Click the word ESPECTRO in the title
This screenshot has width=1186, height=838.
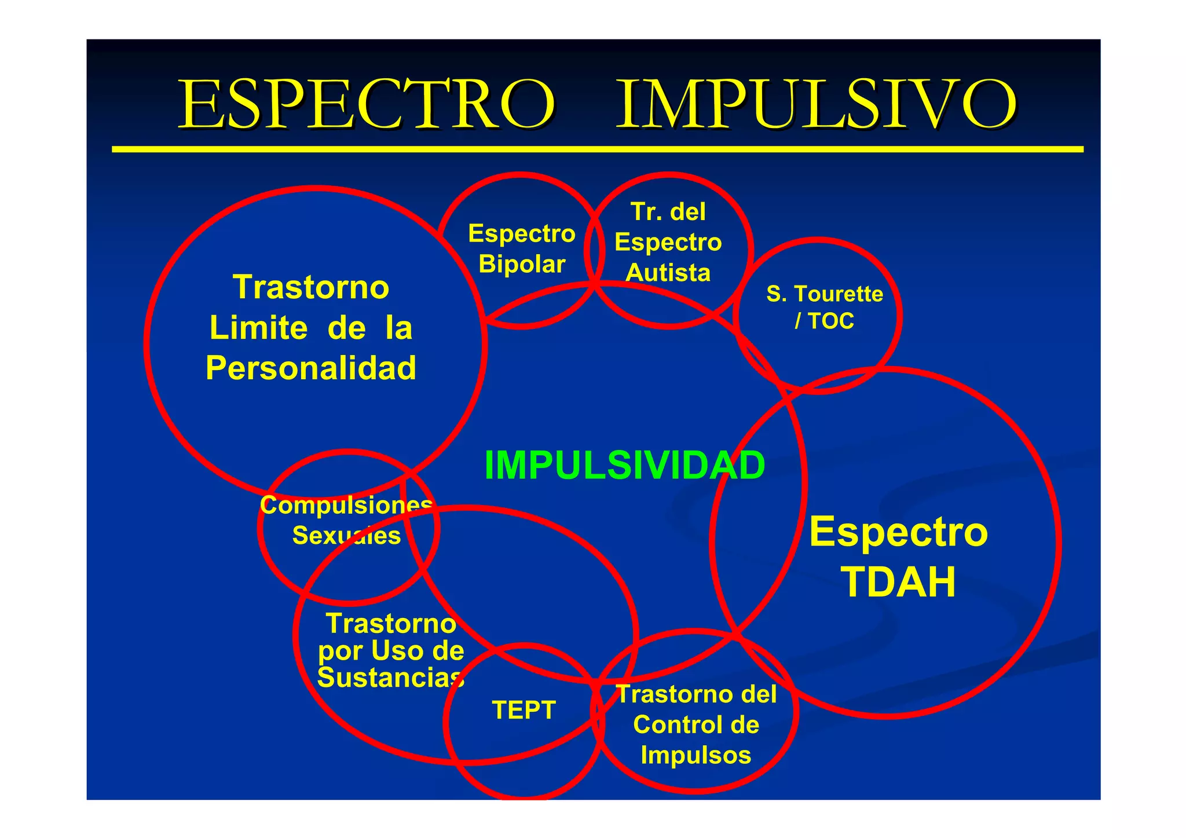pos(366,104)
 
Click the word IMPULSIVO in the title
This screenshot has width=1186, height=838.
pos(816,104)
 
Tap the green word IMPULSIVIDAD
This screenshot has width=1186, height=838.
pos(624,465)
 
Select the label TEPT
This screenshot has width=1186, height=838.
pos(524,710)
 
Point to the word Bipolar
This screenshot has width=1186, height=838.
pos(522,264)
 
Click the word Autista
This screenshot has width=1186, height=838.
pos(668,273)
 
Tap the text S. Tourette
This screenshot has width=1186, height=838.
pos(825,294)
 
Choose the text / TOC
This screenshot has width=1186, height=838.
pos(825,321)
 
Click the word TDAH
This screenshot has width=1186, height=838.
pos(898,582)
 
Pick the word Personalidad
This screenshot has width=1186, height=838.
pos(311,368)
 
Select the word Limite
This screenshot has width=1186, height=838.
pos(258,328)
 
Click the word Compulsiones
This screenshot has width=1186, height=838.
pos(346,505)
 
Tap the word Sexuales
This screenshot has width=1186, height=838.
pos(346,536)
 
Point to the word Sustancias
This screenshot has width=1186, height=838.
pos(390,678)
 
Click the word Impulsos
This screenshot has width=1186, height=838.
pos(696,755)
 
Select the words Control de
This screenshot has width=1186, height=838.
pos(696,724)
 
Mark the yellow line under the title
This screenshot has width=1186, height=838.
pos(597,149)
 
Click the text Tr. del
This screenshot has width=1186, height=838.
pos(668,212)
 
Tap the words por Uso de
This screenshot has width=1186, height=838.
pos(391,651)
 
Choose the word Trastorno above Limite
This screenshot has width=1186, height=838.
pos(311,287)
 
